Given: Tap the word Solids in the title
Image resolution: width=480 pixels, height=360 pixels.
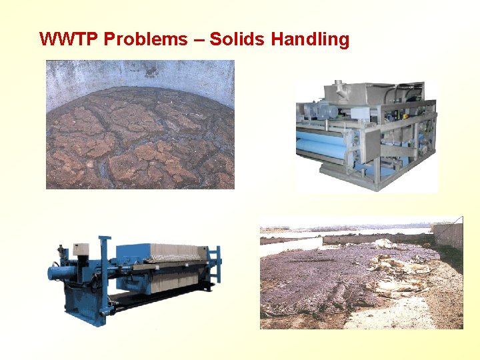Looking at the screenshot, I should (237, 39).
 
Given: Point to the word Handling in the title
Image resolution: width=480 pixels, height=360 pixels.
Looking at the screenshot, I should (310, 39).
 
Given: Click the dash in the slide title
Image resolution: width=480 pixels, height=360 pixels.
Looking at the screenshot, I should (199, 40).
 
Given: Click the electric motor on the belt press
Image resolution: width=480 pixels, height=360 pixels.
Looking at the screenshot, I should (313, 111).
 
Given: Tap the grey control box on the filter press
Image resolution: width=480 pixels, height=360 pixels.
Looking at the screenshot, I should (81, 251).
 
